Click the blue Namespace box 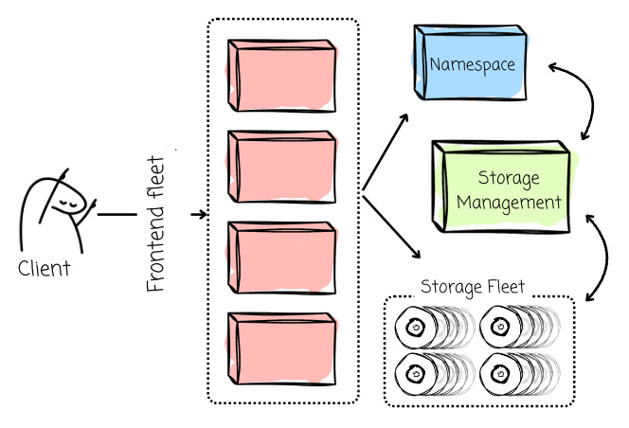coord(470,62)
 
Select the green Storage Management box coord(501,187)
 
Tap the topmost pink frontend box coord(282,76)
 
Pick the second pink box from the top coord(282,167)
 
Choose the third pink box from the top coord(282,258)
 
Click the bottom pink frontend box coord(282,348)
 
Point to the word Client coord(45,268)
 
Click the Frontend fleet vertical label coord(156,223)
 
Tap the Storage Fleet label coord(473,287)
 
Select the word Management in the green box coord(509,203)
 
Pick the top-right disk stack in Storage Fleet coord(520,327)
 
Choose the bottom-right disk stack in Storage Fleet coord(520,374)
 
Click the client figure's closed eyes coord(66,204)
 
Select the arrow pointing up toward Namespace coord(386,152)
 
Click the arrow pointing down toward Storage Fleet coord(391,226)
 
